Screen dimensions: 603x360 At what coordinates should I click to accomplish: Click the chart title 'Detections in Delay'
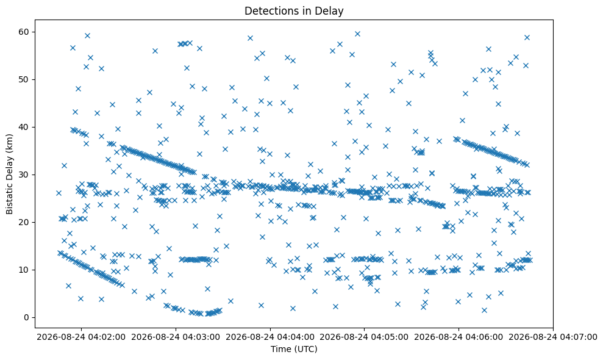[294, 11]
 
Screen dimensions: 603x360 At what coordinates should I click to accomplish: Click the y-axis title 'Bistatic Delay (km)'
[9, 174]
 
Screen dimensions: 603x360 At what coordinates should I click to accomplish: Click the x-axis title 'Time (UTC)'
[294, 349]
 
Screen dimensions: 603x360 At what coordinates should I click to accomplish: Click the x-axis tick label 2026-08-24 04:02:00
[81, 337]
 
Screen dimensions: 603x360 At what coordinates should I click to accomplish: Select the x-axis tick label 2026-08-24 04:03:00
[176, 337]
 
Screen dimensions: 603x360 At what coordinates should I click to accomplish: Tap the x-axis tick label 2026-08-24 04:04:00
[270, 337]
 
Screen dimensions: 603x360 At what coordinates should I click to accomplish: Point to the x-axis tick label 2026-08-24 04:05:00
[364, 337]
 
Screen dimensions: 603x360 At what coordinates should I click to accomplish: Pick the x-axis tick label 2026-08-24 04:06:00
[458, 337]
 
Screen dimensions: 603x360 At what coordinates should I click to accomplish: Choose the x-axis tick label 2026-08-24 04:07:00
[553, 337]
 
